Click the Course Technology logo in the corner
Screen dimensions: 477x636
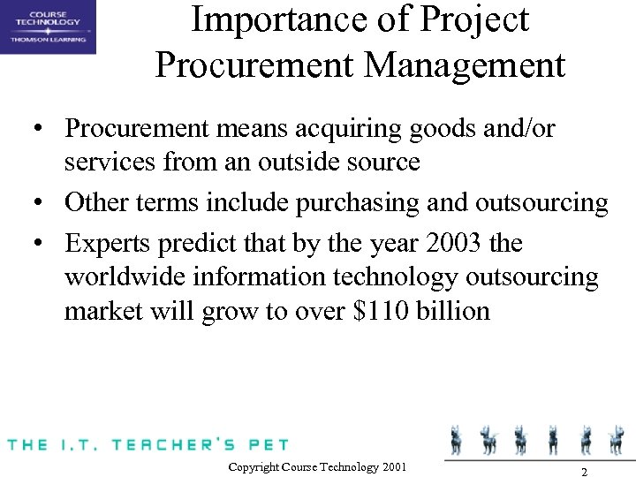point(48,27)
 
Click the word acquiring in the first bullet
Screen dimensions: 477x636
point(352,129)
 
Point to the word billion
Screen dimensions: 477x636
point(454,312)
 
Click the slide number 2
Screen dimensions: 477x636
point(584,471)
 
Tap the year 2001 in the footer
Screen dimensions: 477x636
point(396,466)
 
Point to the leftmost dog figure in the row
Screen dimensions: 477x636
point(457,439)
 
